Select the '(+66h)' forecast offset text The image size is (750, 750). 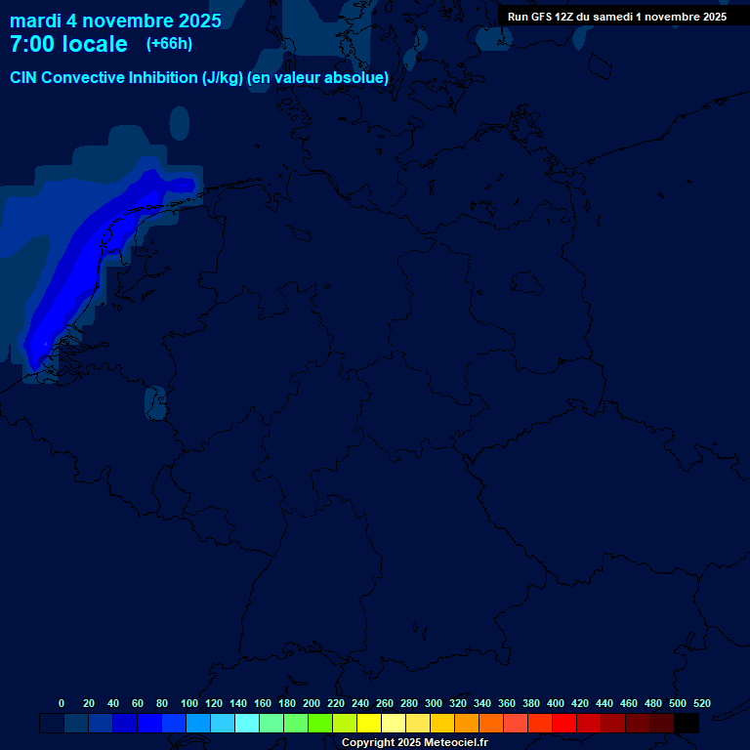[x=169, y=43]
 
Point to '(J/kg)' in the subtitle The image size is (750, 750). [x=223, y=78]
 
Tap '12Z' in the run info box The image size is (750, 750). [x=566, y=17]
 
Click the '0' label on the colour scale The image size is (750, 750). [x=62, y=703]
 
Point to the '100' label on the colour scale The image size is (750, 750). [x=189, y=703]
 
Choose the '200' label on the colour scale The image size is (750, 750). [x=312, y=703]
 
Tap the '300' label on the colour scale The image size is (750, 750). [x=434, y=703]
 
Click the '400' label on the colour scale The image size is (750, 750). [x=556, y=703]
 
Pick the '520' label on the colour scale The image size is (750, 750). [x=702, y=703]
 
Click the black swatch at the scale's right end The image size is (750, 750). [x=687, y=724]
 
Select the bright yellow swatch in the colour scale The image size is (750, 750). [x=369, y=724]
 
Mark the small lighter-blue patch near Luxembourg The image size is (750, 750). [x=155, y=401]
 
